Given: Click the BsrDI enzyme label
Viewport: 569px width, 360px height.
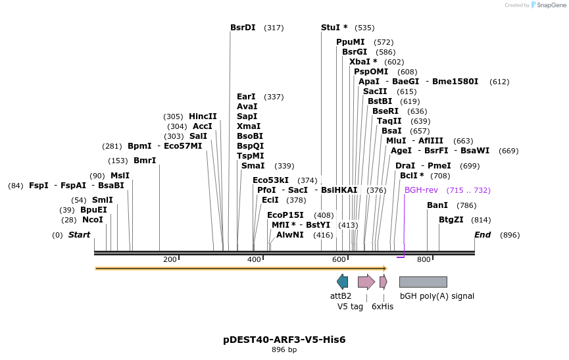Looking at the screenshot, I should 243,28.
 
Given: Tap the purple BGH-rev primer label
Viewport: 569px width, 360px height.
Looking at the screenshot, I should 421,190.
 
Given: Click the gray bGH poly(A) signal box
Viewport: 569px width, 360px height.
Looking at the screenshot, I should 423,282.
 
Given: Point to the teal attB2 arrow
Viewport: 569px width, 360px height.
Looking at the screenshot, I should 342,282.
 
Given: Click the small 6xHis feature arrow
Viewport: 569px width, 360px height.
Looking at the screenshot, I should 383,282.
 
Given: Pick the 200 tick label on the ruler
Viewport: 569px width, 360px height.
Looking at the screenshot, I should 170,259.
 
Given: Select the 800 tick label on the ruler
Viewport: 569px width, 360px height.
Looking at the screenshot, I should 424,259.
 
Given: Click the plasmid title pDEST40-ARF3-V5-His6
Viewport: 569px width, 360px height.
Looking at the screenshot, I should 284,340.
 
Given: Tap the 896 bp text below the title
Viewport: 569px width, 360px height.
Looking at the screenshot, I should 284,350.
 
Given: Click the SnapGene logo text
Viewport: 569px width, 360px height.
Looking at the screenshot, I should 551,5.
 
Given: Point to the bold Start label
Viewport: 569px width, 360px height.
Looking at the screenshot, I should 79,235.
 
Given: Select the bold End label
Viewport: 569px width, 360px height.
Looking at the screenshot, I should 483,235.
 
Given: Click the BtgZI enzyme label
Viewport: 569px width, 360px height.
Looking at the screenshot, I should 451,220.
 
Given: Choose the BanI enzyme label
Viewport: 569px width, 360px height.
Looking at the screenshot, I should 437,205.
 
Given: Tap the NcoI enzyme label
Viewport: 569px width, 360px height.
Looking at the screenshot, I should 93,220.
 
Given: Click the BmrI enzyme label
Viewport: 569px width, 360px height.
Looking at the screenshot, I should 145,161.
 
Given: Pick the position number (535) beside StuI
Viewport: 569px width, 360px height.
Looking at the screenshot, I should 364,28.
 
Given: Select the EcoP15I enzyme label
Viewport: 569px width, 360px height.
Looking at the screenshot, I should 285,215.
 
